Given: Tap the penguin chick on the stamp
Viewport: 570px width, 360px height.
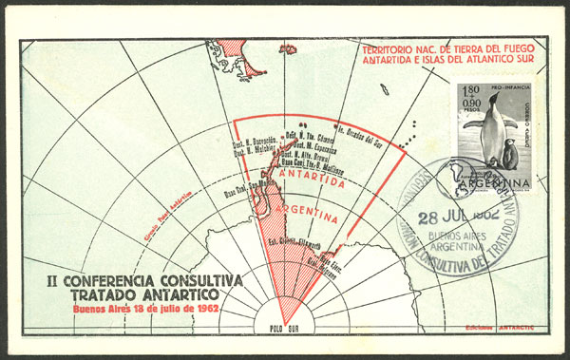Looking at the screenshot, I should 510,156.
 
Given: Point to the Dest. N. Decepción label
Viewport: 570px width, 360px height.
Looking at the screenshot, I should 250,138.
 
